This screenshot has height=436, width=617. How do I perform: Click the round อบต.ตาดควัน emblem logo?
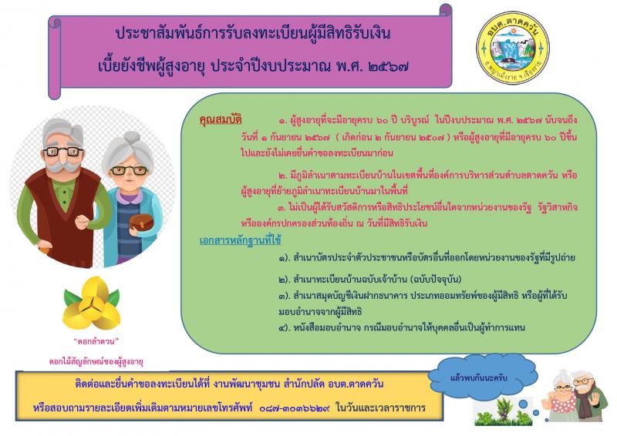click(513, 48)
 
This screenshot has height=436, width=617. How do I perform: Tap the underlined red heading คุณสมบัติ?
click(221, 119)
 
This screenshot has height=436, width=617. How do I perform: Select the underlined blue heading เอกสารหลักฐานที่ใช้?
click(240, 240)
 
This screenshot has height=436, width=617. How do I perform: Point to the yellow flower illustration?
click(92, 303)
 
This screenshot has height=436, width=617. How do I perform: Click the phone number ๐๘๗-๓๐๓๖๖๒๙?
click(295, 408)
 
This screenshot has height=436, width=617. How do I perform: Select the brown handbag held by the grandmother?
click(141, 223)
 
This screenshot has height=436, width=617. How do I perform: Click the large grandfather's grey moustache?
click(62, 165)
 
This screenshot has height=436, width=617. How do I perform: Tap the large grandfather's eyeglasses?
click(63, 151)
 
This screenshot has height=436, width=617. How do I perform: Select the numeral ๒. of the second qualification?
click(282, 176)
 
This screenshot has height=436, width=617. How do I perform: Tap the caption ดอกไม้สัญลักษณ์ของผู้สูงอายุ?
click(96, 362)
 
